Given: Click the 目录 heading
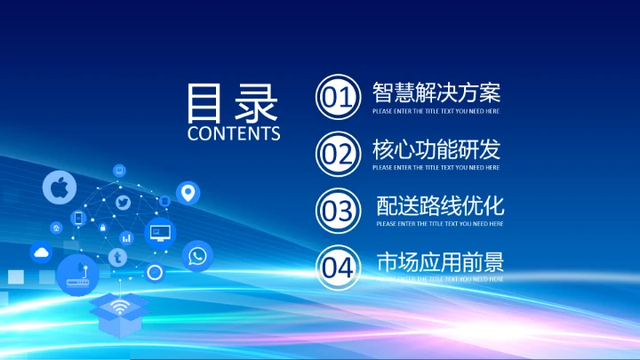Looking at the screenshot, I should [233, 104].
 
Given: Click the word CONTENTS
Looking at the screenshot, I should [234, 133].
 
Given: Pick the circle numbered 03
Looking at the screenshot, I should [338, 211].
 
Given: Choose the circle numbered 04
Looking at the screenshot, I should [338, 267].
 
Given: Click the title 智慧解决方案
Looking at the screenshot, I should [436, 92].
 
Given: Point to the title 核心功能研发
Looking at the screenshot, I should [436, 149].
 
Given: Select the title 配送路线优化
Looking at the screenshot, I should [440, 206].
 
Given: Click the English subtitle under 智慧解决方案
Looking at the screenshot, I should [436, 111].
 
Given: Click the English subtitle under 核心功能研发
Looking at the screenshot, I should [436, 167].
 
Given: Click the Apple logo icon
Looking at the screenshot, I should [60, 188].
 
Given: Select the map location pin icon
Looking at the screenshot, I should [188, 192].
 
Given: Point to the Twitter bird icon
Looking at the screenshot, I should [124, 204].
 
